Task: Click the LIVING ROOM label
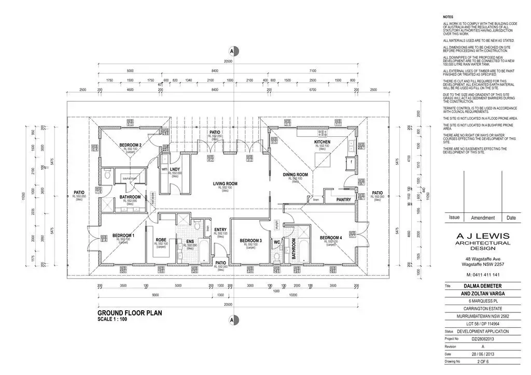(x=225, y=184)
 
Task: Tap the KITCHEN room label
(x=323, y=142)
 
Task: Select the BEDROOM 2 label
(x=130, y=145)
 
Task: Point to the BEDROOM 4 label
(x=330, y=238)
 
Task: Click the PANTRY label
(x=344, y=199)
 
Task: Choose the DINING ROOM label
(x=295, y=175)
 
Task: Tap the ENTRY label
(x=220, y=230)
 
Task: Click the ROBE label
(x=161, y=240)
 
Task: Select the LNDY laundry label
(x=175, y=169)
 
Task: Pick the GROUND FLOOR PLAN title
(x=130, y=313)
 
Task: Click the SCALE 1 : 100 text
(x=112, y=319)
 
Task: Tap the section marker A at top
(x=233, y=51)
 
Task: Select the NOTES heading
(x=448, y=17)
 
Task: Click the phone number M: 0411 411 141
(x=482, y=275)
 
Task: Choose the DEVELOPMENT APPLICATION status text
(x=482, y=331)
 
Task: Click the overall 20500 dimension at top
(x=228, y=61)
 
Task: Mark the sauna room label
(x=130, y=178)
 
